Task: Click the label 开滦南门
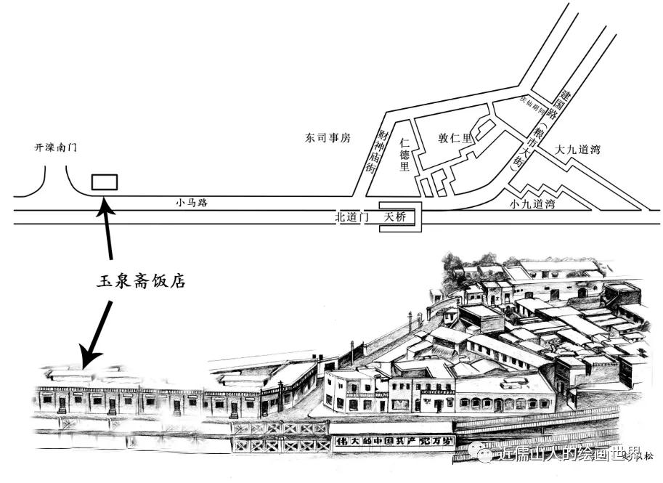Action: (x=56, y=147)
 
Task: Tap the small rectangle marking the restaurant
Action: (x=105, y=182)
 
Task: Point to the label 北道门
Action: (x=352, y=216)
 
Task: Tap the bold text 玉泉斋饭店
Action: (x=141, y=280)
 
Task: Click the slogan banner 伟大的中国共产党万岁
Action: (x=391, y=441)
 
